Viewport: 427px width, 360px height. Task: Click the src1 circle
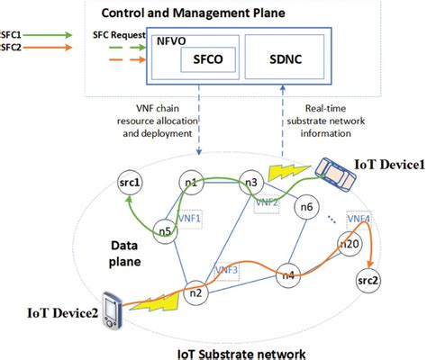tap(129, 186)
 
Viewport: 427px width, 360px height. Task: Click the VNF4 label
tap(359, 218)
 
